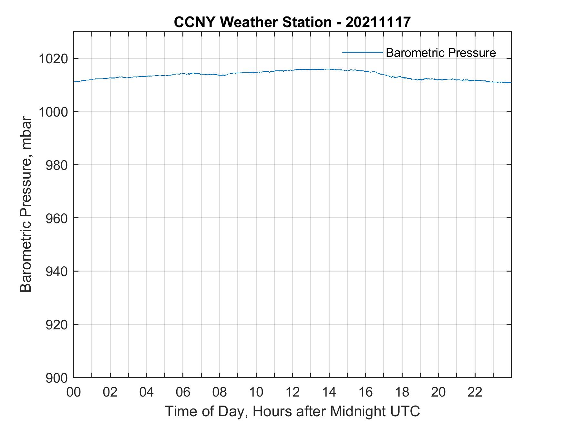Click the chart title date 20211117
pyautogui.click(x=378, y=22)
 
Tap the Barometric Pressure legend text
pyautogui.click(x=441, y=53)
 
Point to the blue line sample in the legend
pyautogui.click(x=362, y=52)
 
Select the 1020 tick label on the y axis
pyautogui.click(x=53, y=59)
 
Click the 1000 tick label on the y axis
pyautogui.click(x=53, y=112)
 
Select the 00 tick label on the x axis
pyautogui.click(x=74, y=392)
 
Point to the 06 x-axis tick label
pyautogui.click(x=183, y=392)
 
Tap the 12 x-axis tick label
pyautogui.click(x=293, y=392)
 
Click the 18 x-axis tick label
pyautogui.click(x=402, y=392)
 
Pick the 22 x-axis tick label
pyautogui.click(x=475, y=392)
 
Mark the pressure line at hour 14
pyautogui.click(x=329, y=69)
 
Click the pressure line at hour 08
pyautogui.click(x=220, y=75)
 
